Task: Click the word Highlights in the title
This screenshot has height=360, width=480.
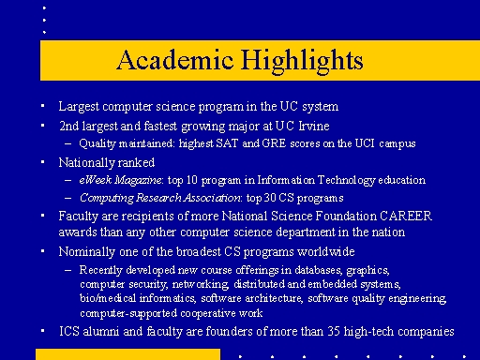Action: (297, 61)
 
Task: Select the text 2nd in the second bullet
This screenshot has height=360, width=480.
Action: (68, 125)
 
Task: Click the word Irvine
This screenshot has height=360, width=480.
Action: (309, 125)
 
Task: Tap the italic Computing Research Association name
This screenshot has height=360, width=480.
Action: (160, 197)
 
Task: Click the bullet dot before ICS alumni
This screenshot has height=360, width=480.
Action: (42, 331)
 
